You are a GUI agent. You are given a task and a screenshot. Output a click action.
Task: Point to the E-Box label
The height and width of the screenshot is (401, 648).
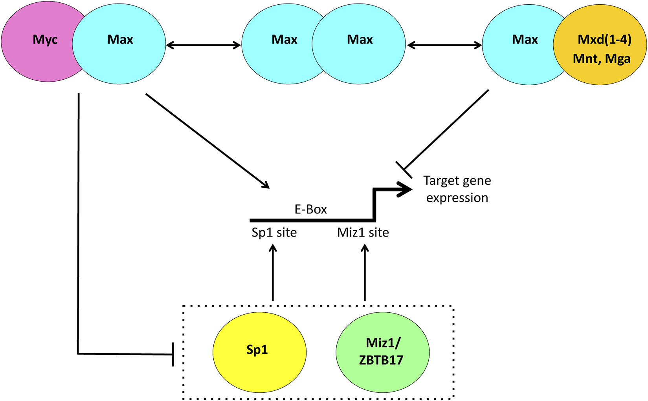(310, 210)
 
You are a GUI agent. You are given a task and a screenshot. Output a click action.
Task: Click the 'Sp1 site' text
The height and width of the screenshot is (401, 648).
(274, 233)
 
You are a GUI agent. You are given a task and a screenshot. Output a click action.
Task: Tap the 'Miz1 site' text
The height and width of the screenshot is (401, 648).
(363, 233)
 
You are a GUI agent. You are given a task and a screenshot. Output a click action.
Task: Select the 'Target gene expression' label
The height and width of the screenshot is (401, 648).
(457, 189)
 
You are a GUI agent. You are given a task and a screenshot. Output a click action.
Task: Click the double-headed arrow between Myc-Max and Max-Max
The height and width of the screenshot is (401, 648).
(203, 46)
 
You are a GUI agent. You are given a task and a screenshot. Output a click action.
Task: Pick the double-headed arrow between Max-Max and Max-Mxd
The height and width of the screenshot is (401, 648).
(444, 46)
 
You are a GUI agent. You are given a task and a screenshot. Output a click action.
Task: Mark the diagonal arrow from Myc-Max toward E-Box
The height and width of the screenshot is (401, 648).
(207, 141)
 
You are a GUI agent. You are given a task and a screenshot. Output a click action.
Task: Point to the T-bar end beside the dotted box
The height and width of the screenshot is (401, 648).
(173, 354)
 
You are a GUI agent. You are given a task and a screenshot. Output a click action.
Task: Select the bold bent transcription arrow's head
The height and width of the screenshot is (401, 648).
(405, 190)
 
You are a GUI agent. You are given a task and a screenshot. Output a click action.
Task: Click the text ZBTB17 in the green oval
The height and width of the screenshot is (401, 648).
(381, 360)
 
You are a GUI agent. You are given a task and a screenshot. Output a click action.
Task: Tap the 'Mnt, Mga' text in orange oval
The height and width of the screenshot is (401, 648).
(602, 59)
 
